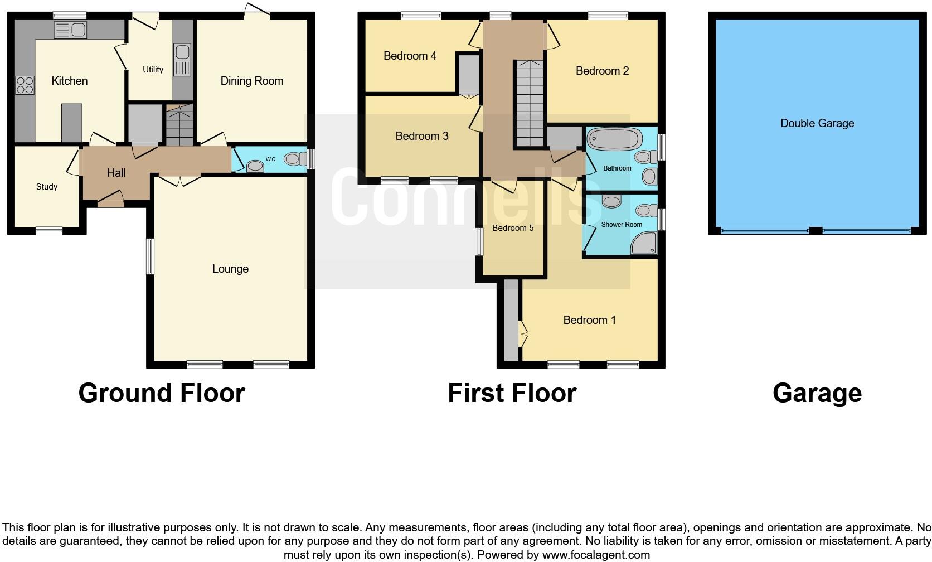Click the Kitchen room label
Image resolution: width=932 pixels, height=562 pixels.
click(x=69, y=81)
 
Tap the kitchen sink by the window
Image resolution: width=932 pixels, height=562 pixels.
click(x=70, y=30)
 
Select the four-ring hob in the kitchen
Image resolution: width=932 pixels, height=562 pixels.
click(x=25, y=85)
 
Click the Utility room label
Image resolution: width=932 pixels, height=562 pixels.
click(x=153, y=70)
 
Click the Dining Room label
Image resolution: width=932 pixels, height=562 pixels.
click(x=251, y=81)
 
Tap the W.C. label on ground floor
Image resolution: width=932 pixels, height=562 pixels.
click(x=271, y=159)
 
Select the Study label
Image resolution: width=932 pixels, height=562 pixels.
click(x=47, y=187)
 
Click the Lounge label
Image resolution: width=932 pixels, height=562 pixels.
click(x=230, y=269)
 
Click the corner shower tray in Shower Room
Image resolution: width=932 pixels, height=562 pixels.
click(x=644, y=244)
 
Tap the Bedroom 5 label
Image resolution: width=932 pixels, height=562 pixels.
click(x=513, y=228)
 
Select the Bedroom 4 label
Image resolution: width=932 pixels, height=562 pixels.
click(x=410, y=56)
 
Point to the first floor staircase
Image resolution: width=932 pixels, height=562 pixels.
click(x=528, y=104)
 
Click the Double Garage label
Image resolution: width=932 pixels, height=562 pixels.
click(x=817, y=123)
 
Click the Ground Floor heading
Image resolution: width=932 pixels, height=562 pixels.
click(x=162, y=393)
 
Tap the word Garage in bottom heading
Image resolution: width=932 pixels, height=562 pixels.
click(x=817, y=393)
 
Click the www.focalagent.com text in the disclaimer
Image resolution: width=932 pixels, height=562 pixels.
click(x=595, y=555)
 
